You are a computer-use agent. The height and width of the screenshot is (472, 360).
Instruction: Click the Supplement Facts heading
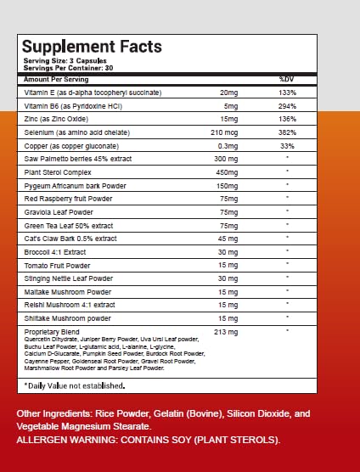pos(92,47)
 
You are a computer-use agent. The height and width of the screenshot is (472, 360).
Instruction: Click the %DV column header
pos(286,80)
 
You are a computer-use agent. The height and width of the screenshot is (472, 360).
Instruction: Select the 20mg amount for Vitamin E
pos(228,93)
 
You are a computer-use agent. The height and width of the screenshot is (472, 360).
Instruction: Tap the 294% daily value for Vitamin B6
pos(287,106)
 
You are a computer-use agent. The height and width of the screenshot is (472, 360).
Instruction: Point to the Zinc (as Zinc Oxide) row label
pos(56,119)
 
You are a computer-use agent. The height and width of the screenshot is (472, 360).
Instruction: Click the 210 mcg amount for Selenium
pos(224,132)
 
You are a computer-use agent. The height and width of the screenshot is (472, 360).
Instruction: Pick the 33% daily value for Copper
pos(287,146)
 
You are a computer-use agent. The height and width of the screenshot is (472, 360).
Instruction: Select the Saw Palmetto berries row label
pos(78,159)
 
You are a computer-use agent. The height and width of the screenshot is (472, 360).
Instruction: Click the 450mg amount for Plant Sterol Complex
pos(227,173)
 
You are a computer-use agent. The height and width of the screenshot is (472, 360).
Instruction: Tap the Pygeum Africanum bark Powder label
pos(76,186)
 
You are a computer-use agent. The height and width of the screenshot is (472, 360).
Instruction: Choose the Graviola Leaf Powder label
pos(59,212)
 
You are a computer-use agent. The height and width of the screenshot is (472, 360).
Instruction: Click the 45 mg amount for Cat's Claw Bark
pos(228,239)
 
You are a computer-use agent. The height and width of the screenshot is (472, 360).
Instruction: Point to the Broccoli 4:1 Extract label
pos(55,252)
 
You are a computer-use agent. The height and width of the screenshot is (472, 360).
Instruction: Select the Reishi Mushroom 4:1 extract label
pos(70,305)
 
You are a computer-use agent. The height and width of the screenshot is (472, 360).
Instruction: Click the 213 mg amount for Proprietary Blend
pos(226,332)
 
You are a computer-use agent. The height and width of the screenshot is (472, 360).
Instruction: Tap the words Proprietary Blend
pos(52,332)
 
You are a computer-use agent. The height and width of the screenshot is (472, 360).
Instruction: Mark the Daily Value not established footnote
pos(75,386)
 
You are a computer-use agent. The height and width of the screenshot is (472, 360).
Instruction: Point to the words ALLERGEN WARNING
pos(66,440)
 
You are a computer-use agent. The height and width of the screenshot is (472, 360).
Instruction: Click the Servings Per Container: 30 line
pos(68,68)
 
